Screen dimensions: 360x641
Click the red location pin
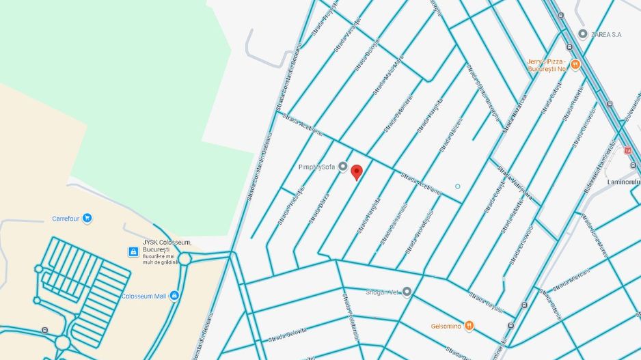pyautogui.click(x=357, y=171)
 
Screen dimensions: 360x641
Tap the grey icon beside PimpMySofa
pyautogui.click(x=343, y=167)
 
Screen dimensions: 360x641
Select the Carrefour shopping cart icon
pyautogui.click(x=87, y=219)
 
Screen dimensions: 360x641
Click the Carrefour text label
pyautogui.click(x=66, y=219)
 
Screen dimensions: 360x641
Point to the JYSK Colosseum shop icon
pyautogui.click(x=133, y=252)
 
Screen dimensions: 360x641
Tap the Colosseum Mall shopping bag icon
pyautogui.click(x=174, y=296)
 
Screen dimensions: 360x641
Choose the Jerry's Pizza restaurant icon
pyautogui.click(x=575, y=65)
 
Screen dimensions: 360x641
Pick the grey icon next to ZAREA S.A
pyautogui.click(x=582, y=33)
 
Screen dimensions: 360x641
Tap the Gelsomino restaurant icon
pyautogui.click(x=469, y=326)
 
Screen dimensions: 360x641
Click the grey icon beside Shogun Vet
pyautogui.click(x=407, y=292)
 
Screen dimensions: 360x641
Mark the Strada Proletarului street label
pyautogui.click(x=288, y=208)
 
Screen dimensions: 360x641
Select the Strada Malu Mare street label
pyautogui.click(x=388, y=75)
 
